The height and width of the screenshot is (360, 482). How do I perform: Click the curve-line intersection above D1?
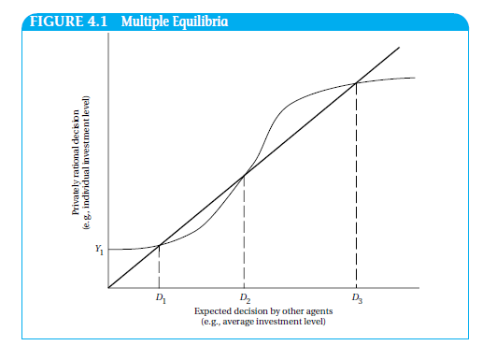[x=159, y=245]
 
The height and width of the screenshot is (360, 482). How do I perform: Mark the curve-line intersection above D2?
[x=244, y=175]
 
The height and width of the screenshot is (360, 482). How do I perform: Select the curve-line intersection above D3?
[x=356, y=84]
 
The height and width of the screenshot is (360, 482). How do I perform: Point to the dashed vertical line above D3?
[x=356, y=187]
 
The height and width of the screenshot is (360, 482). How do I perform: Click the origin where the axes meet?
[x=108, y=288]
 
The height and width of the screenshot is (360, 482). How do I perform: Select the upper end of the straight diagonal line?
[x=399, y=48]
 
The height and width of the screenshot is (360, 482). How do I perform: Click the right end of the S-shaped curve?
[x=416, y=78]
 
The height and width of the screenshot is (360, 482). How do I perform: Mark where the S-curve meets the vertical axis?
[x=109, y=250]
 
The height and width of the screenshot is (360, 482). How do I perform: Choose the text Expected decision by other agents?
[x=257, y=310]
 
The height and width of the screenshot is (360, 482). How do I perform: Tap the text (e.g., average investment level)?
[x=257, y=320]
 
